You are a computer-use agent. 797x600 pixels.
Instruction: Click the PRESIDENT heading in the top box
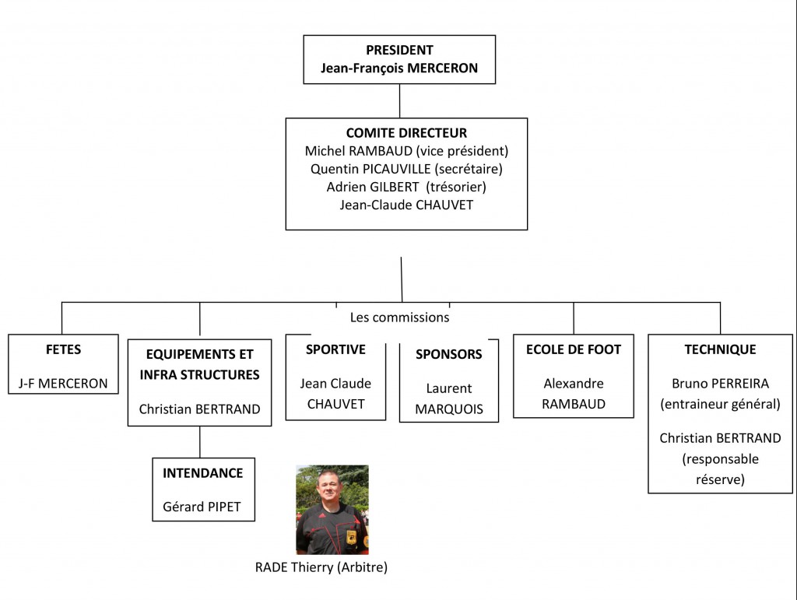click(x=399, y=51)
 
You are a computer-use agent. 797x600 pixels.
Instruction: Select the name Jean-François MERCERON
click(x=399, y=68)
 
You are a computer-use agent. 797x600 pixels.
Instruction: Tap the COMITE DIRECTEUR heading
click(x=406, y=134)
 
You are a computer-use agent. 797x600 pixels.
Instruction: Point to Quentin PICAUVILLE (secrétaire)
click(x=406, y=169)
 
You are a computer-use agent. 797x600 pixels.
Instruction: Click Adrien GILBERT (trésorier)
click(x=406, y=187)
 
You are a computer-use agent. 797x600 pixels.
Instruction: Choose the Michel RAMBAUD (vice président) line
click(x=406, y=151)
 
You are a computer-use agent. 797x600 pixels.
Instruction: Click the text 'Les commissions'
click(x=399, y=318)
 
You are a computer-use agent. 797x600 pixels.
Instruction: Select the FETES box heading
click(x=63, y=349)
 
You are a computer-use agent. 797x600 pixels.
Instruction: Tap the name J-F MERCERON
click(x=63, y=384)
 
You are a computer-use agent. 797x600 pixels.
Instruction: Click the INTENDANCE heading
click(x=202, y=473)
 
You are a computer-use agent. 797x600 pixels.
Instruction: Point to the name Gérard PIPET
click(x=202, y=507)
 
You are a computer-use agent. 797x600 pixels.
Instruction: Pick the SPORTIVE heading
click(x=335, y=349)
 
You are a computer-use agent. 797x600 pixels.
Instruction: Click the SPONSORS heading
click(x=448, y=354)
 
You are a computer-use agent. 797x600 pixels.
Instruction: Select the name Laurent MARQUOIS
click(x=448, y=398)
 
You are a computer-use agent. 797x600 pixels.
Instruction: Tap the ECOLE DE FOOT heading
click(x=574, y=349)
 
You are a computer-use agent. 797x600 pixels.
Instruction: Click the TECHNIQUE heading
click(x=720, y=349)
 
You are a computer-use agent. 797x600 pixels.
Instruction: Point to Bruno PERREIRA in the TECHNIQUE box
click(x=720, y=384)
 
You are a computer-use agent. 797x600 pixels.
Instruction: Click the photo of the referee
click(x=332, y=510)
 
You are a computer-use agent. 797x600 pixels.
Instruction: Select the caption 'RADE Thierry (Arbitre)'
click(x=321, y=567)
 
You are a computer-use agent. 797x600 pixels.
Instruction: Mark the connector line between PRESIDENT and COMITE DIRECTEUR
click(x=399, y=100)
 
